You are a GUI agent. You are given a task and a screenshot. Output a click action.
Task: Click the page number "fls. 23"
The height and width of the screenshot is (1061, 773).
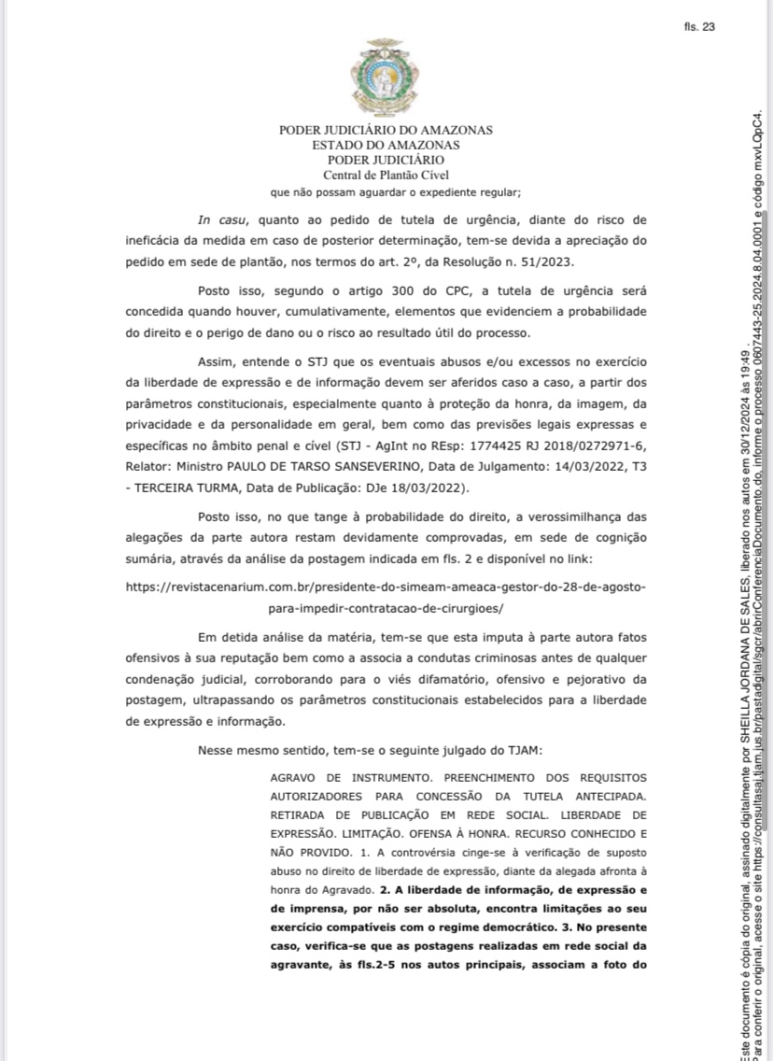click(698, 26)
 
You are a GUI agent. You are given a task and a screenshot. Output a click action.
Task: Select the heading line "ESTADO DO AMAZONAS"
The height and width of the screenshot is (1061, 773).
click(386, 145)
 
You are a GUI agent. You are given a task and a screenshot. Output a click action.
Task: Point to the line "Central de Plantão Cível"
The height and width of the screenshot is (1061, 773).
click(386, 174)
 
